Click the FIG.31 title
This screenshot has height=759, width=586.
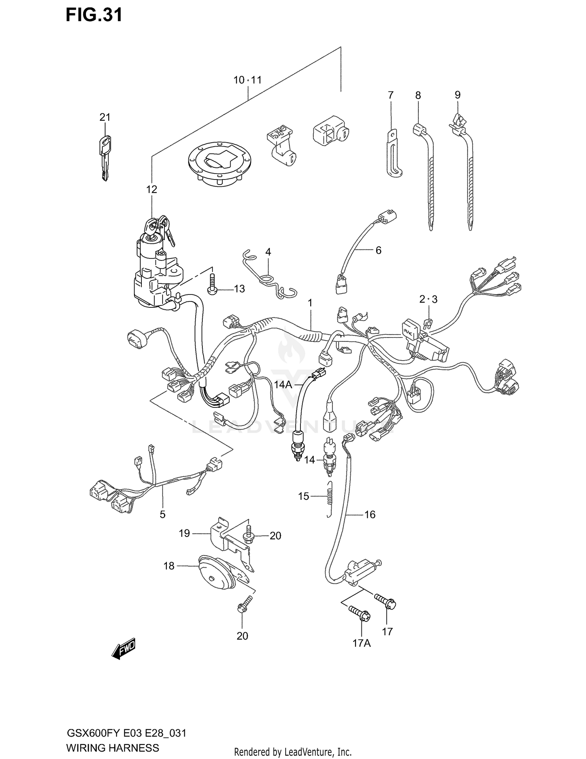click(x=94, y=14)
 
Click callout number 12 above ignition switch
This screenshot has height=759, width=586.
click(x=152, y=189)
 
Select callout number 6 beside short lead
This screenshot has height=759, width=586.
click(x=378, y=250)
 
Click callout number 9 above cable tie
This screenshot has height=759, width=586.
click(x=457, y=95)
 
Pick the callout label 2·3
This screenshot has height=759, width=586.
click(x=428, y=300)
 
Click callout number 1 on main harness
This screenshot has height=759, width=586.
click(x=310, y=303)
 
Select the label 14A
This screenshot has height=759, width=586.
click(x=283, y=385)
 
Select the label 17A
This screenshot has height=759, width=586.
click(x=361, y=643)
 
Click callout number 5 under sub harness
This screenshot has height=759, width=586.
click(x=163, y=514)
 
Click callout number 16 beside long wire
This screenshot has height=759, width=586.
click(x=370, y=515)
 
